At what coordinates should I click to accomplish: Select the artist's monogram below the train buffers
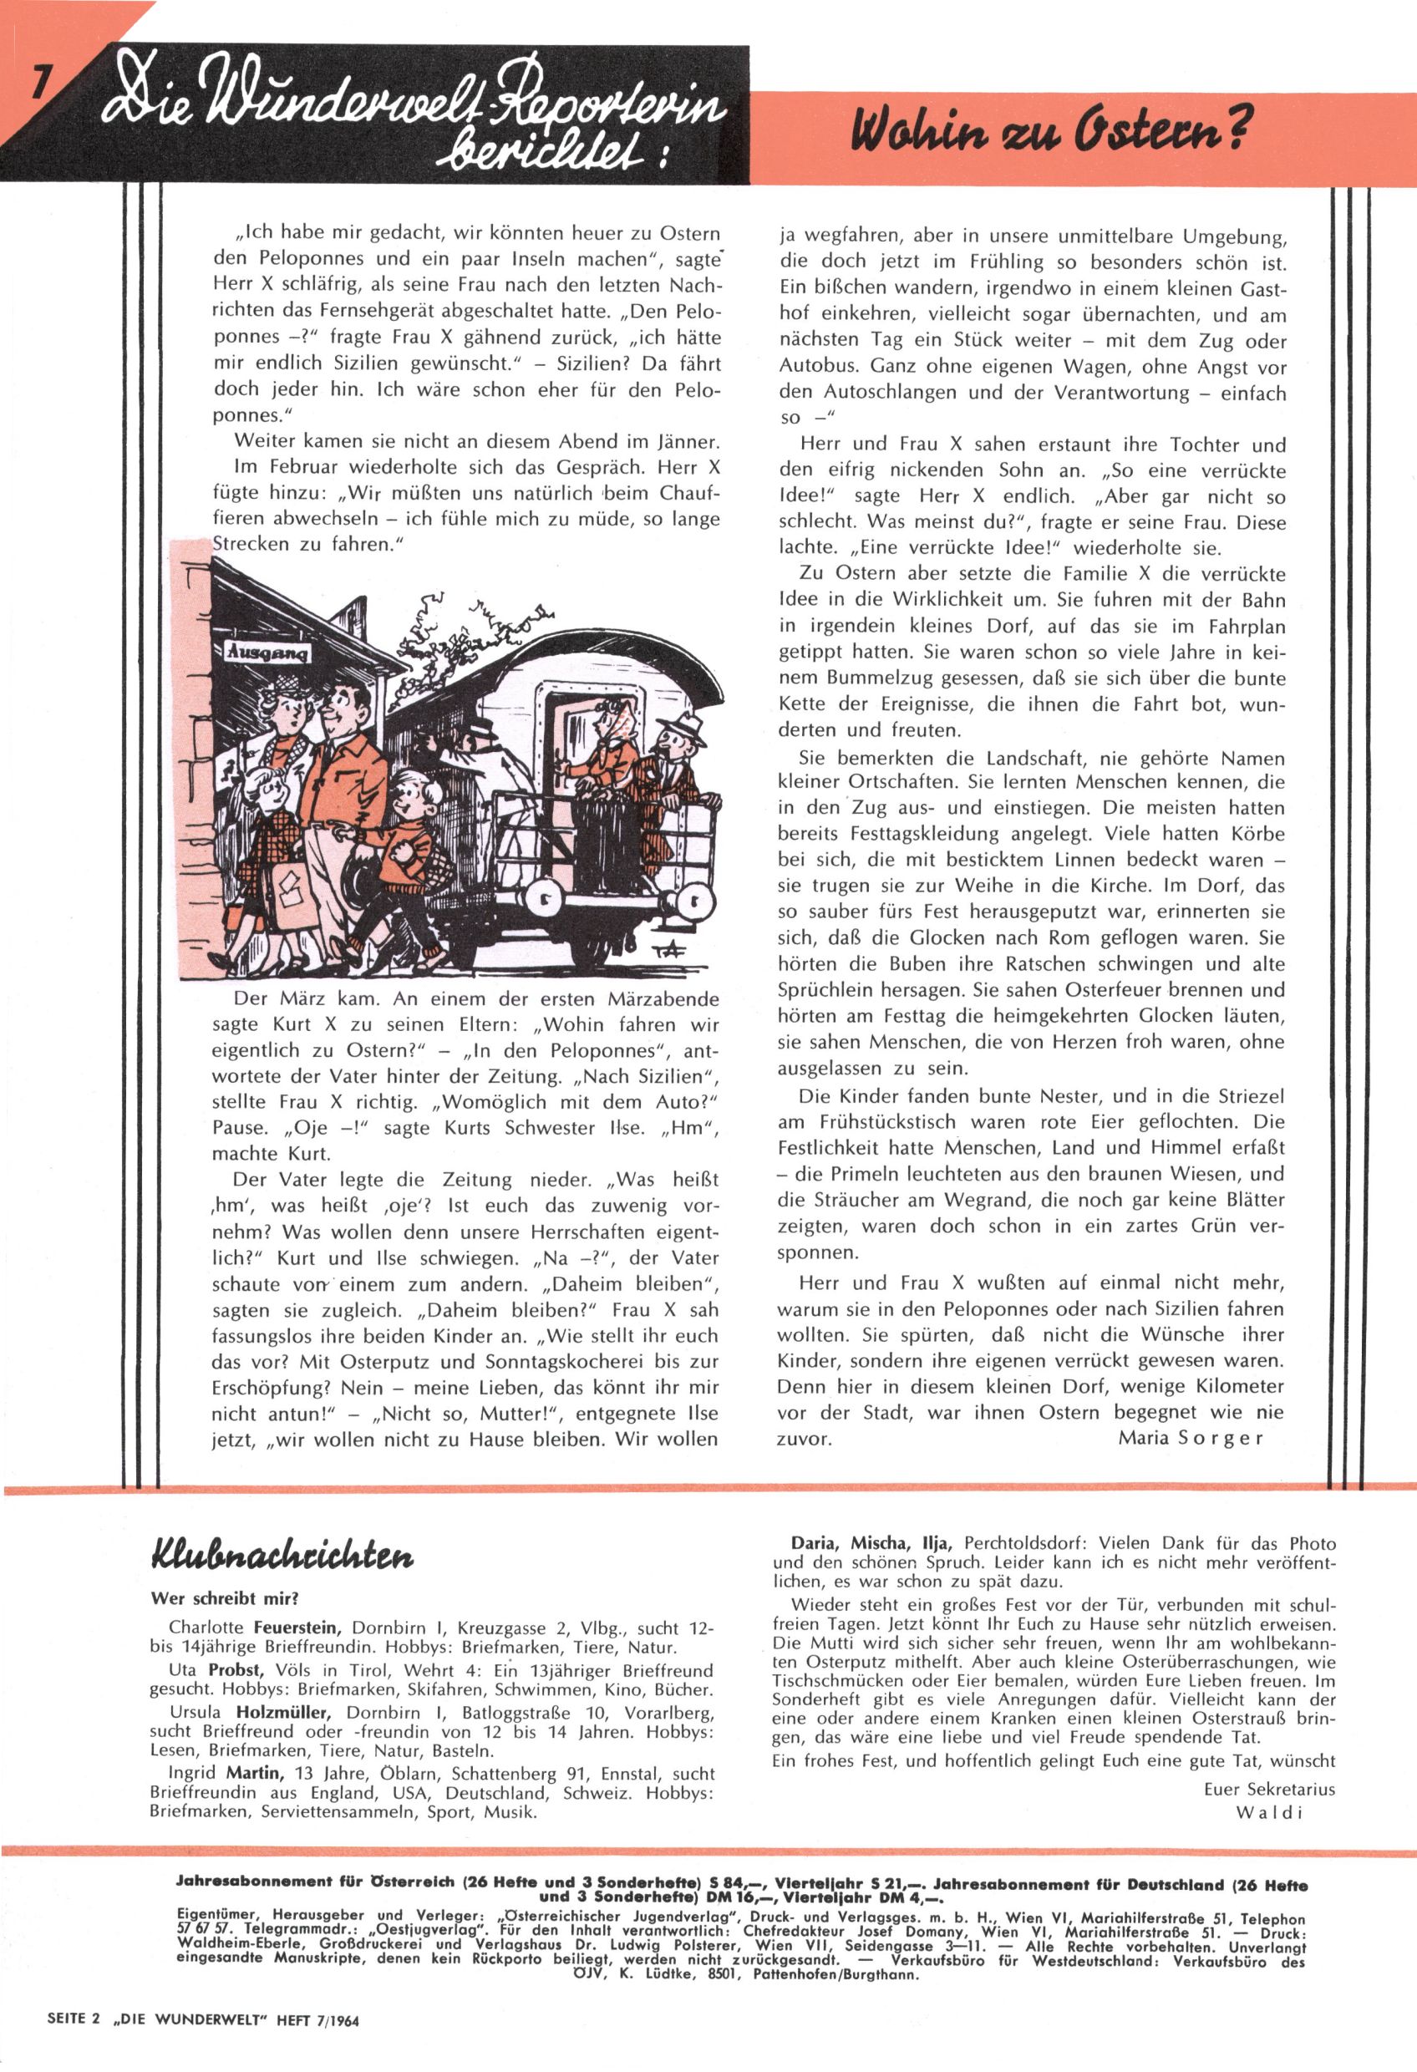(667, 951)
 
